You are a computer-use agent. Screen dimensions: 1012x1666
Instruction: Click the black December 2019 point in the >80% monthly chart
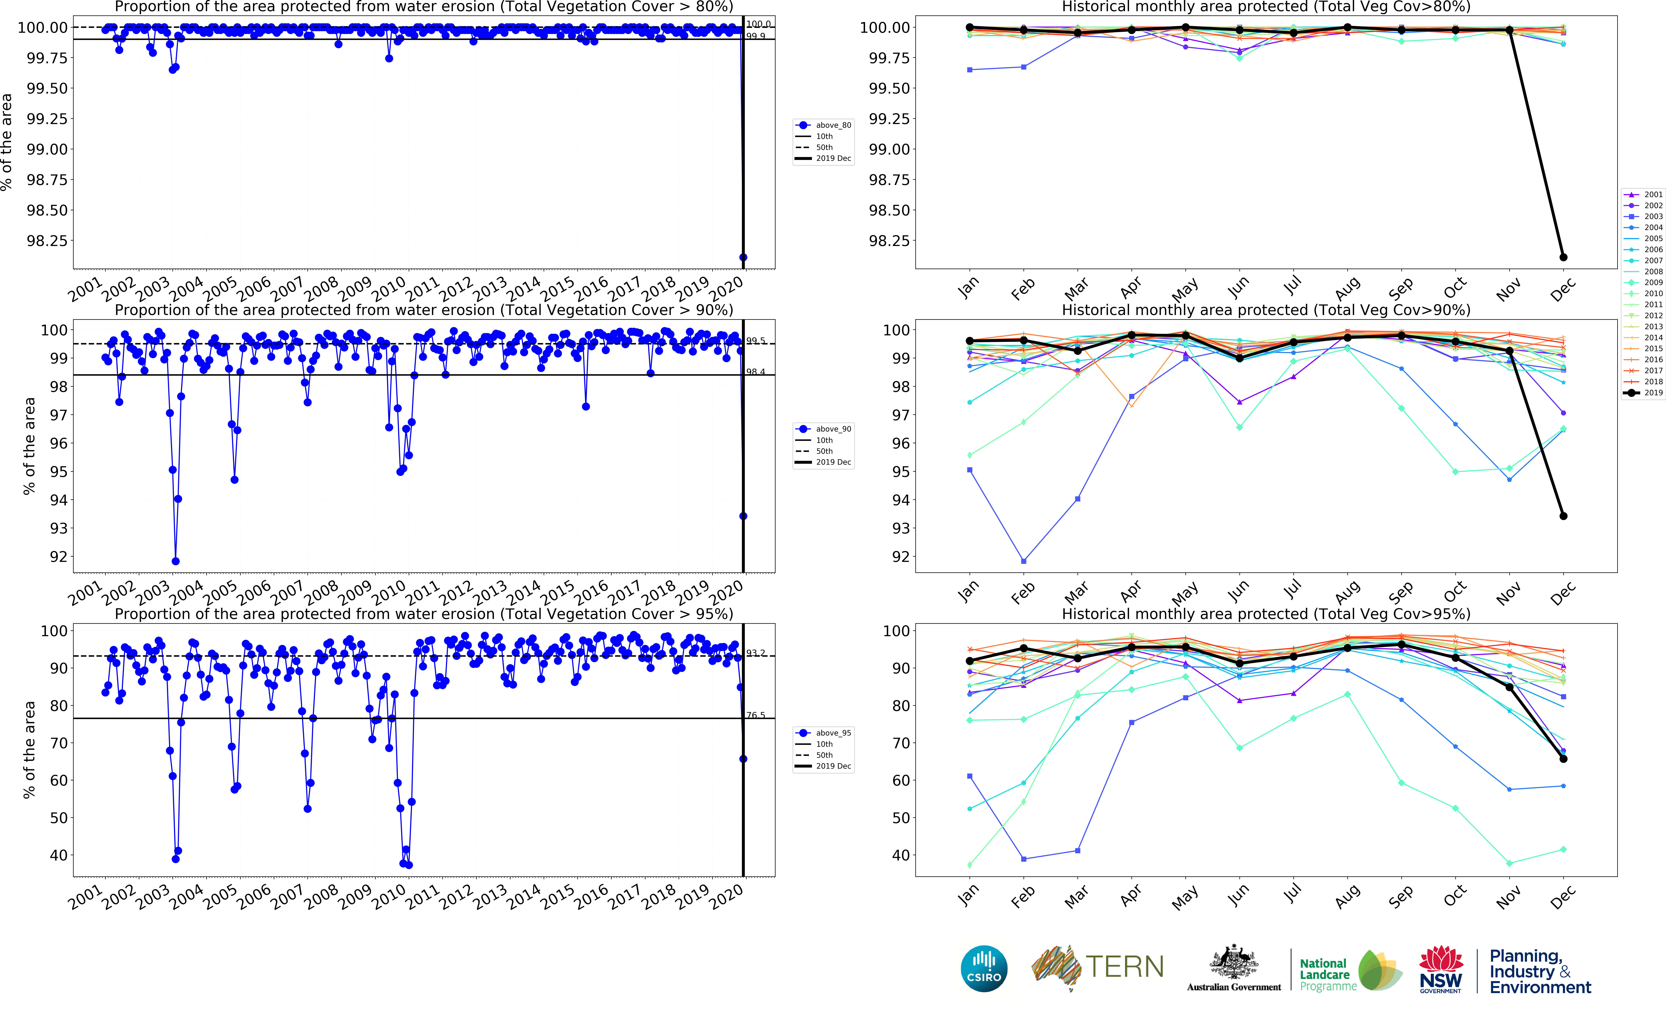pyautogui.click(x=1563, y=257)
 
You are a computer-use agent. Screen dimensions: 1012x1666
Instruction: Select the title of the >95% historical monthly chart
pyautogui.click(x=1266, y=614)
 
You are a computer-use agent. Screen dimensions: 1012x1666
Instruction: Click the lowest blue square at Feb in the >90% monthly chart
pyautogui.click(x=1024, y=561)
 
